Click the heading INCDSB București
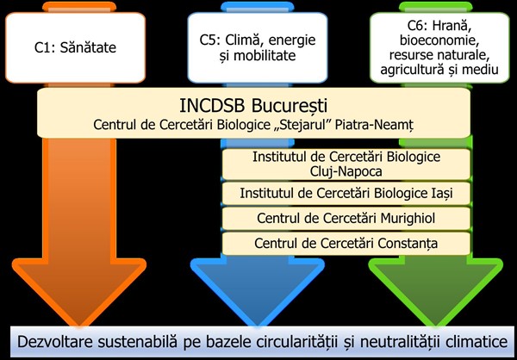point(253,107)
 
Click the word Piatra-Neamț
point(377,126)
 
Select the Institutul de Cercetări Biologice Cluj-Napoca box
point(346,164)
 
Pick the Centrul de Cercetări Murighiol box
point(346,217)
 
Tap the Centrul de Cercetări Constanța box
point(346,243)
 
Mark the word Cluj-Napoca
point(346,171)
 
